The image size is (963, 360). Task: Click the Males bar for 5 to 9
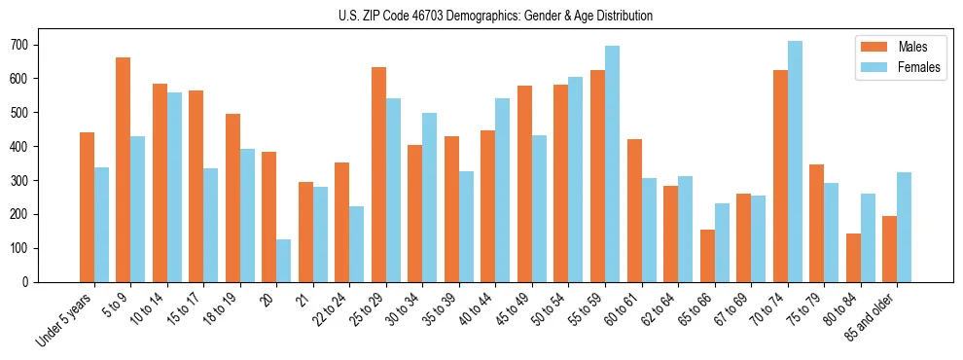point(124,169)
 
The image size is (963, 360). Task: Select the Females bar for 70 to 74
point(795,162)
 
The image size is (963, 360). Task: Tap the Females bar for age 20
point(284,261)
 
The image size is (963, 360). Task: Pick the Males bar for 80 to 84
point(853,258)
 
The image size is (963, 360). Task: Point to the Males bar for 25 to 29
point(378,174)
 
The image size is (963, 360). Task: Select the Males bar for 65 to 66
point(707,256)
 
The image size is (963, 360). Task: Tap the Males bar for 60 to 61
point(634,210)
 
